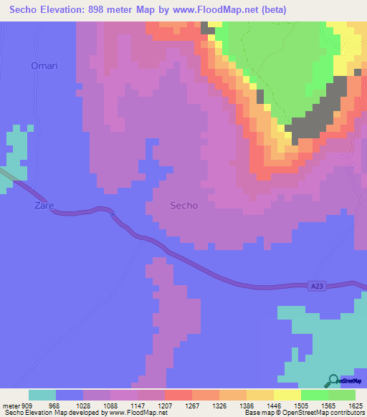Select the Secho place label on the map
[183, 206]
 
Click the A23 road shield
[318, 286]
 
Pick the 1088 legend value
[107, 405]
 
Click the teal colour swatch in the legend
[42, 395]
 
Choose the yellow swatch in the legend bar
[287, 395]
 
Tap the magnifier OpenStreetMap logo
[333, 380]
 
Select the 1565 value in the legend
[325, 405]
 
